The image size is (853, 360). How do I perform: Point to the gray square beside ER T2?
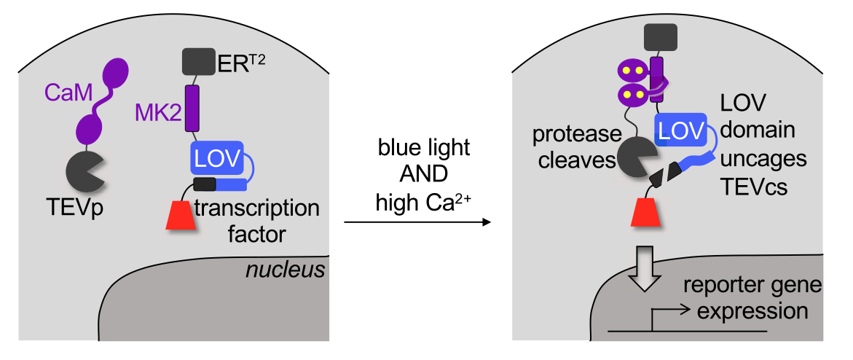pyautogui.click(x=197, y=61)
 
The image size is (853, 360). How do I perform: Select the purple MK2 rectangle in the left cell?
pyautogui.click(x=192, y=108)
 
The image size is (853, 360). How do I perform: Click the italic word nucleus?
pyautogui.click(x=285, y=271)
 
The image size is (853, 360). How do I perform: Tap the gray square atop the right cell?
pyautogui.click(x=659, y=37)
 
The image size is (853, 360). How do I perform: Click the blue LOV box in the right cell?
pyautogui.click(x=681, y=131)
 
